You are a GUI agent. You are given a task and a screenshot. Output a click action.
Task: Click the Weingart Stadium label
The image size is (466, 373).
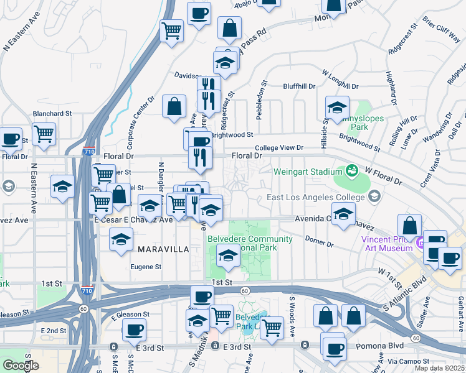coord(308,170)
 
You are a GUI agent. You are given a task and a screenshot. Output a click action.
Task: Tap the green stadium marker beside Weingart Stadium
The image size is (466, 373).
coord(352,169)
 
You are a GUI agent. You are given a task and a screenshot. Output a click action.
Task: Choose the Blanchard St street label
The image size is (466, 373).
coord(53,114)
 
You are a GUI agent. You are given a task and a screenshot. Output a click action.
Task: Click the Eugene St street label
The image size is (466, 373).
coord(146,267)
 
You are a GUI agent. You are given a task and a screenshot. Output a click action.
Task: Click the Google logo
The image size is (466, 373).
coord(21,365)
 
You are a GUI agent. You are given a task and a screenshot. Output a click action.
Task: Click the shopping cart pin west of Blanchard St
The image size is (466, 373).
coord(44,133)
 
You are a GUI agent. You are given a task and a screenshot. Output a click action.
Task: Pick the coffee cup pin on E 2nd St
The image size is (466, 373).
coord(134,329)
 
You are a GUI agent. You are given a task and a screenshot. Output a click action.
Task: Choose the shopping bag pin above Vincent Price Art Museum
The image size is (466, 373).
coord(409,225)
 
